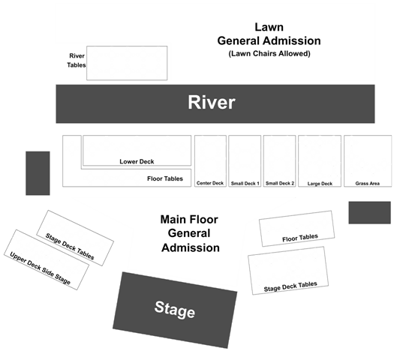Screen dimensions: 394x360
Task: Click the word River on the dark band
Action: pyautogui.click(x=212, y=102)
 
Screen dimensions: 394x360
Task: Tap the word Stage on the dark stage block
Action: pyautogui.click(x=175, y=310)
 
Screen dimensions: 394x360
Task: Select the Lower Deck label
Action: pyautogui.click(x=137, y=161)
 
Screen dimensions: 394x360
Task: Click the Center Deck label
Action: pyautogui.click(x=210, y=183)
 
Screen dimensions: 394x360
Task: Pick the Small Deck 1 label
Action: pyautogui.click(x=245, y=183)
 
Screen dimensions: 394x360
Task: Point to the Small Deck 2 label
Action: pyautogui.click(x=280, y=183)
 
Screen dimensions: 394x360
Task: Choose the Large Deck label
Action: pyautogui.click(x=320, y=184)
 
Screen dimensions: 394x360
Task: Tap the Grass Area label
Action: pyautogui.click(x=368, y=183)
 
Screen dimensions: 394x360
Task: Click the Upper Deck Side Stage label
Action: pyautogui.click(x=40, y=268)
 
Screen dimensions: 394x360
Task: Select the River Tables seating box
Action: pyautogui.click(x=127, y=63)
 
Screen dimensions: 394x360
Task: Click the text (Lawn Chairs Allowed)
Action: pyautogui.click(x=269, y=53)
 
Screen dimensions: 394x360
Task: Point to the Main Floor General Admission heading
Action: pyautogui.click(x=190, y=233)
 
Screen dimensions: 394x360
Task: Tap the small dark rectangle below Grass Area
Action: pyautogui.click(x=370, y=212)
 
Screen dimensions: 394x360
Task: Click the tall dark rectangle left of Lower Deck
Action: pyautogui.click(x=38, y=173)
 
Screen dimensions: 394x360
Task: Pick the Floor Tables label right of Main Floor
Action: pyautogui.click(x=300, y=238)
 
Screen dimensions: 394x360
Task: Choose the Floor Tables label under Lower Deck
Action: pyautogui.click(x=165, y=178)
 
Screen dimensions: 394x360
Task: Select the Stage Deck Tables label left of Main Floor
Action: pyautogui.click(x=70, y=247)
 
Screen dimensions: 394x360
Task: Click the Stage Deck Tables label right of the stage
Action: pyautogui.click(x=290, y=286)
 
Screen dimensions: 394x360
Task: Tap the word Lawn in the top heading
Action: pyautogui.click(x=269, y=27)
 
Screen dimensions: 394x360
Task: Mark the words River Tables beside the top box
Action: pyautogui.click(x=77, y=60)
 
